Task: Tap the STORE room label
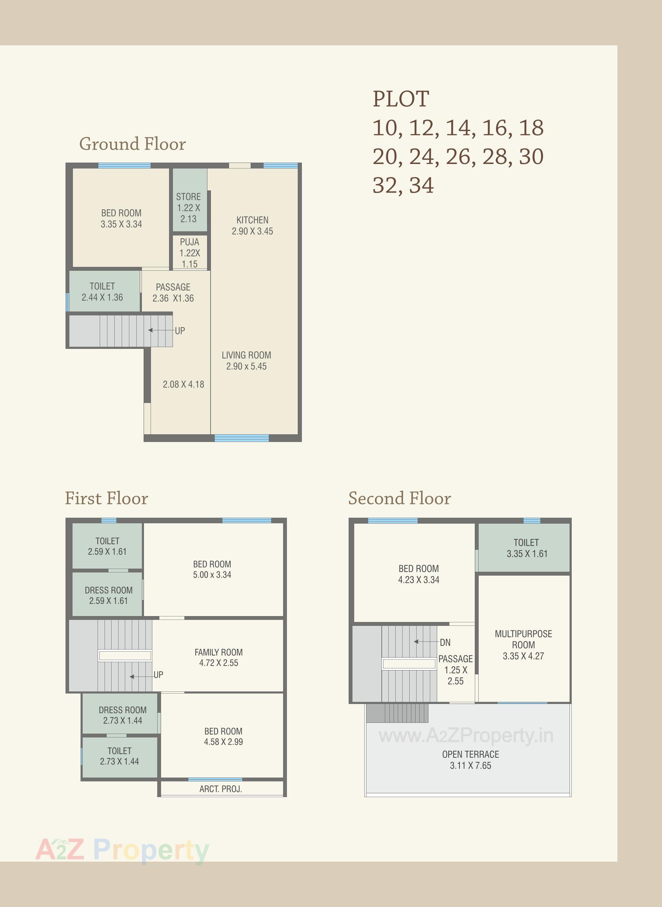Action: click(188, 197)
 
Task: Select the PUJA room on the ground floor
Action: click(190, 252)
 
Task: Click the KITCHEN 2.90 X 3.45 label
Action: click(252, 225)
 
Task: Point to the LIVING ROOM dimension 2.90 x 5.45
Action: click(246, 366)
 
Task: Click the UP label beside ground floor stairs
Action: click(180, 331)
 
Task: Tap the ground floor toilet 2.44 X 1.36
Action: click(102, 292)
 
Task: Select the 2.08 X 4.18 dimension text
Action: click(183, 384)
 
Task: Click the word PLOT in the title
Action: click(401, 99)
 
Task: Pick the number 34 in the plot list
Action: click(421, 185)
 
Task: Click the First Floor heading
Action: click(107, 498)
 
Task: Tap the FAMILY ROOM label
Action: click(218, 652)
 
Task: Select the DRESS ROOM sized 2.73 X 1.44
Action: click(122, 715)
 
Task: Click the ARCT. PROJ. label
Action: click(220, 789)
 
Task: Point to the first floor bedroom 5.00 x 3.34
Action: click(212, 569)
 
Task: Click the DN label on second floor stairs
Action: click(445, 642)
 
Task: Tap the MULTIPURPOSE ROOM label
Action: click(523, 639)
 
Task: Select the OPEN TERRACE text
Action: click(471, 754)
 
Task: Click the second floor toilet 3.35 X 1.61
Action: click(526, 548)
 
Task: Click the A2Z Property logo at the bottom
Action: click(122, 850)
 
